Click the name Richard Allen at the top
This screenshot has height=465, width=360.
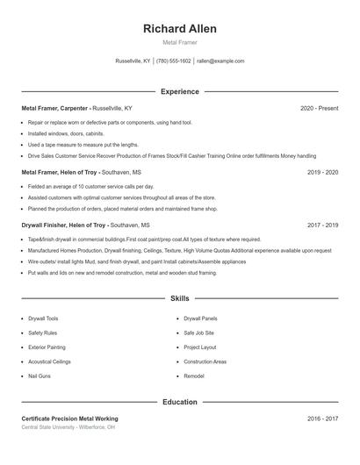[x=180, y=29]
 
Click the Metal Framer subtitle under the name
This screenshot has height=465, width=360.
[x=180, y=42]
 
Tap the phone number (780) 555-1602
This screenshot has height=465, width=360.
[x=174, y=61]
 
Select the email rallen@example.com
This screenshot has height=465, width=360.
[x=220, y=61]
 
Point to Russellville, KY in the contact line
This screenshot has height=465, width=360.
[x=133, y=61]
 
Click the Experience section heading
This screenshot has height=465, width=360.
[x=180, y=91]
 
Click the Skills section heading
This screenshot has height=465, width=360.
[x=180, y=299]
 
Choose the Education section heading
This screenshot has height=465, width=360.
[x=180, y=402]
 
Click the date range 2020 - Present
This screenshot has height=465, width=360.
[x=319, y=108]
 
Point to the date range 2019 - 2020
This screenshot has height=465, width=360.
[x=322, y=172]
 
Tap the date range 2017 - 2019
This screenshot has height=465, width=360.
[x=322, y=225]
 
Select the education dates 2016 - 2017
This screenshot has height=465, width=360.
[x=322, y=419]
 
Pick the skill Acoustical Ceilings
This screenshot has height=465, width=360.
[x=49, y=361]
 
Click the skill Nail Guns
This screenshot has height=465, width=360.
[x=40, y=376]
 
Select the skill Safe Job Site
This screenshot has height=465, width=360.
[x=198, y=333]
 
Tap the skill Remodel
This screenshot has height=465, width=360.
[x=194, y=376]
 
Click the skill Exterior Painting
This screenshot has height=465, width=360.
[x=47, y=347]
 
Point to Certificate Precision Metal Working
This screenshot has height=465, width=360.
[x=69, y=419]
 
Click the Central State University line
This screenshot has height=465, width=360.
[x=68, y=427]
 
